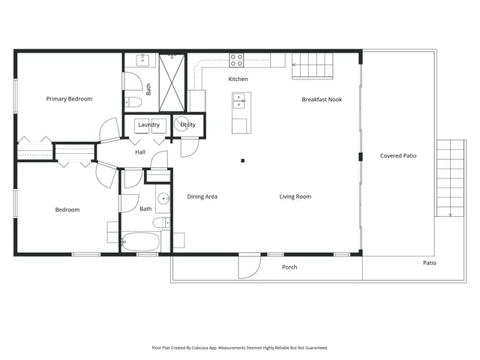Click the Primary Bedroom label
pos(69,99)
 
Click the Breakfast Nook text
pos(322,99)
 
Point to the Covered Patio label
pos(398,156)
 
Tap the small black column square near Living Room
pos(242,160)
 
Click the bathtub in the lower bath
pos(141,241)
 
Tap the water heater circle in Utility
pos(182,124)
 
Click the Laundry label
pos(148,124)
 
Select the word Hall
pos(140,152)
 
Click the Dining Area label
pos(202,196)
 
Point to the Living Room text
pos(295,196)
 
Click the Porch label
pos(289,267)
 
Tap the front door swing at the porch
pos(249,265)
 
